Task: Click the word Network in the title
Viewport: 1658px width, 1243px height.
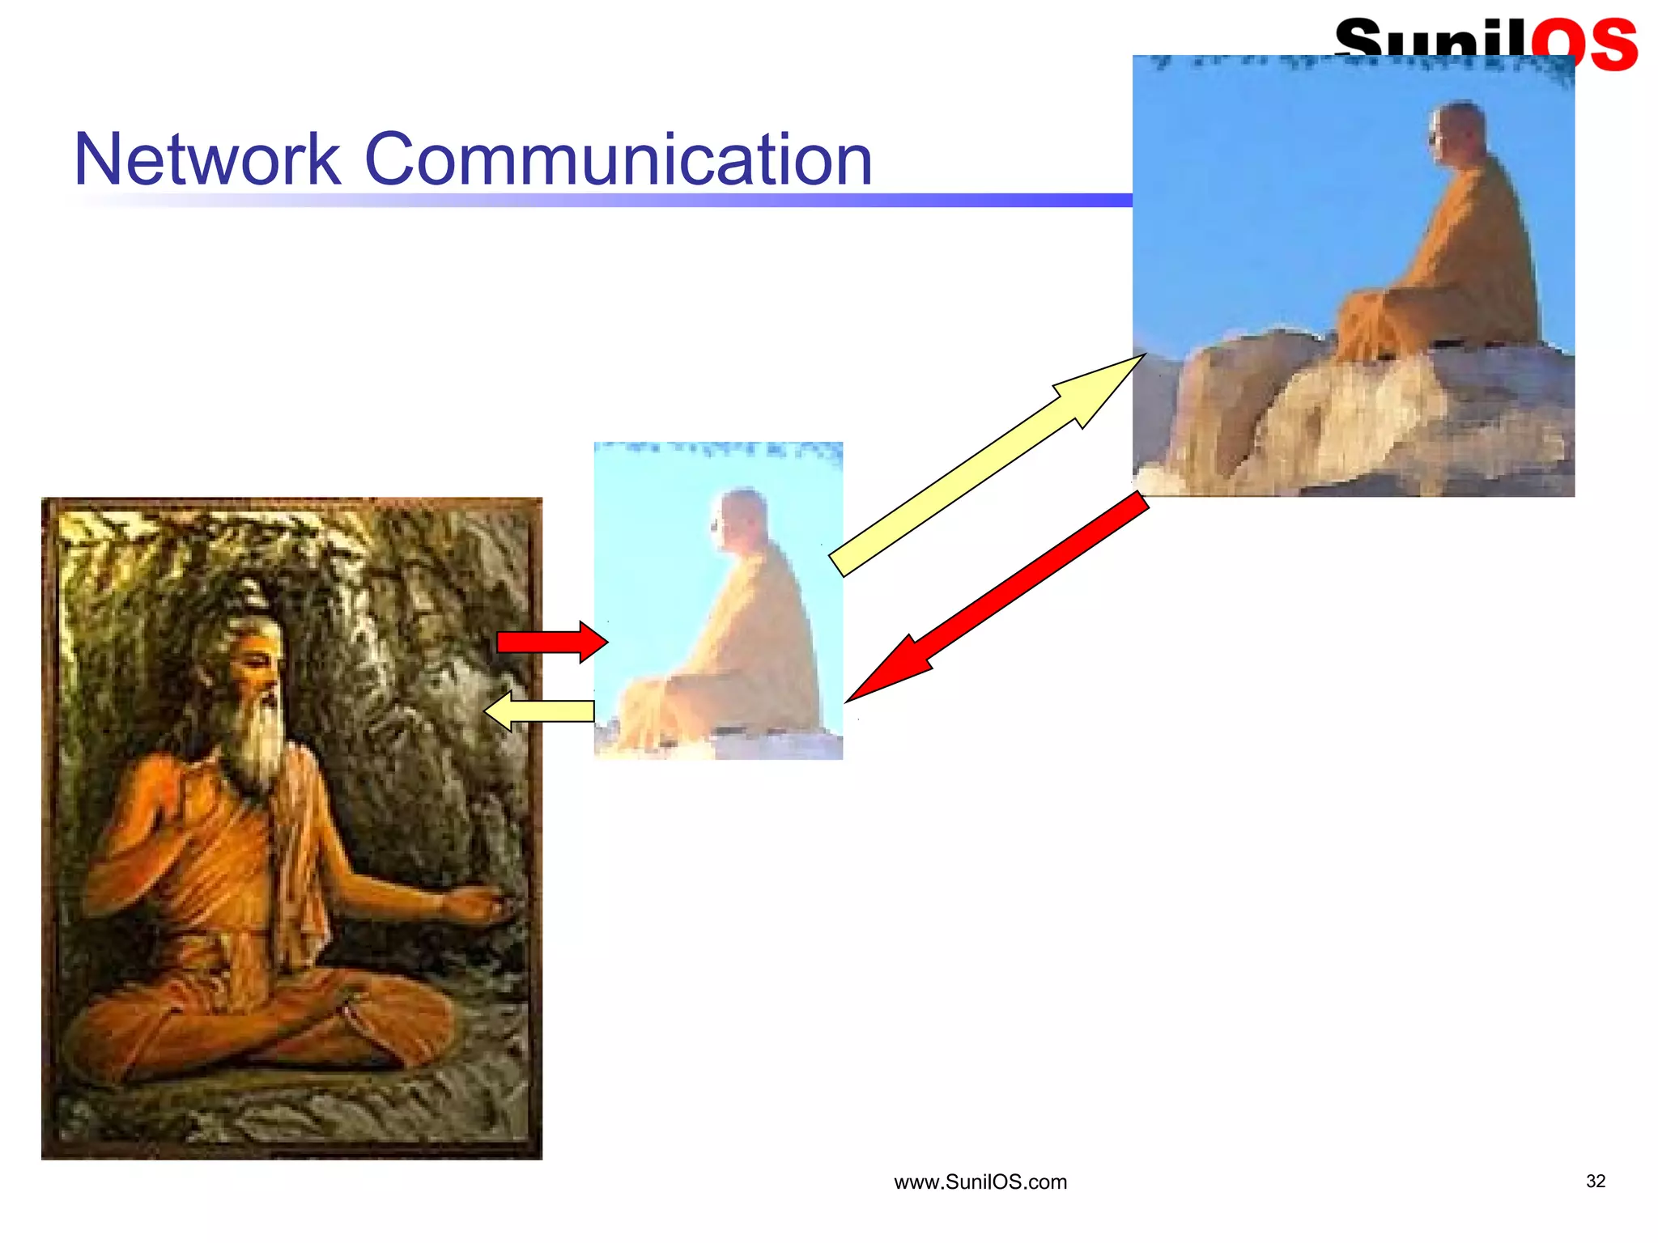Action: coord(206,159)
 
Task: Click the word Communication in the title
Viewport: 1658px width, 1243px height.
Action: coord(619,159)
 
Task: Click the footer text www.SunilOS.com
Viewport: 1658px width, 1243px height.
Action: coord(980,1182)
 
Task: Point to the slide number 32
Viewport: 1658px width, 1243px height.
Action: coord(1595,1181)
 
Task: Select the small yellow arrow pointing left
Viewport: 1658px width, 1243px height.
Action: coord(539,711)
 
